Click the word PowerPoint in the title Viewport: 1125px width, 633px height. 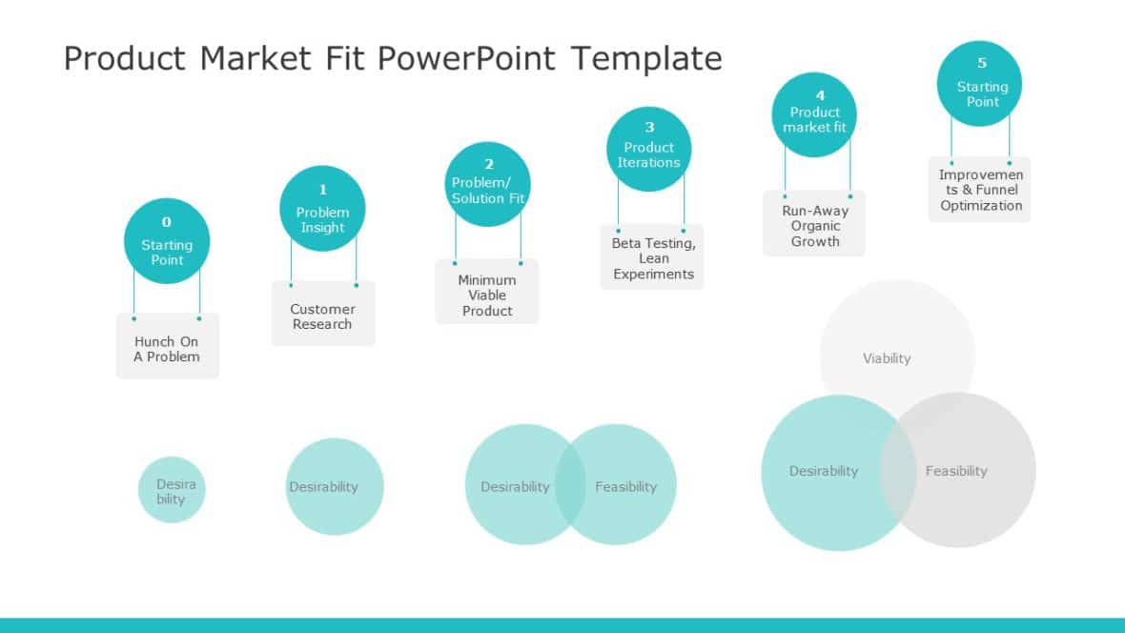[465, 59]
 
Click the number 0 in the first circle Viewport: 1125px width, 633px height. [167, 222]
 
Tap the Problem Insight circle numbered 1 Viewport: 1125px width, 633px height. [322, 210]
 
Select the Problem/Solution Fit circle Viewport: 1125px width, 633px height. [488, 184]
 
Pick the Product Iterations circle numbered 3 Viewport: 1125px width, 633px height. [648, 149]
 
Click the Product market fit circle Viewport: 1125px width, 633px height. [814, 114]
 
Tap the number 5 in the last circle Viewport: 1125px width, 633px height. [982, 64]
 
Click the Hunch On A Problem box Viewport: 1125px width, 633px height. [167, 348]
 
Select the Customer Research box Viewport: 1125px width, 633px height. [322, 316]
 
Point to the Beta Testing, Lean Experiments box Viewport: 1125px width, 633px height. [653, 257]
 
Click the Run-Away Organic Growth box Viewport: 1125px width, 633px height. [815, 225]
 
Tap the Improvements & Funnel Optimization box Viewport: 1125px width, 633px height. [980, 190]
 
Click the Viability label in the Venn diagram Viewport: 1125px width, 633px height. [887, 358]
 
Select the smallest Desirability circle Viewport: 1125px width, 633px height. [172, 490]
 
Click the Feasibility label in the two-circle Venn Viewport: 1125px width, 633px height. [625, 486]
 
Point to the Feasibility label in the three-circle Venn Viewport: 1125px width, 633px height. [956, 471]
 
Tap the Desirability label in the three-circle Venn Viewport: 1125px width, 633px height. [824, 471]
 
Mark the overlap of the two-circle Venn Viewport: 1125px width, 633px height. [570, 484]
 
